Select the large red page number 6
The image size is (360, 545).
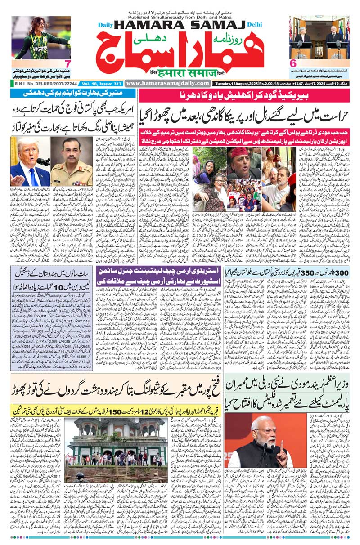coord(292,63)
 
